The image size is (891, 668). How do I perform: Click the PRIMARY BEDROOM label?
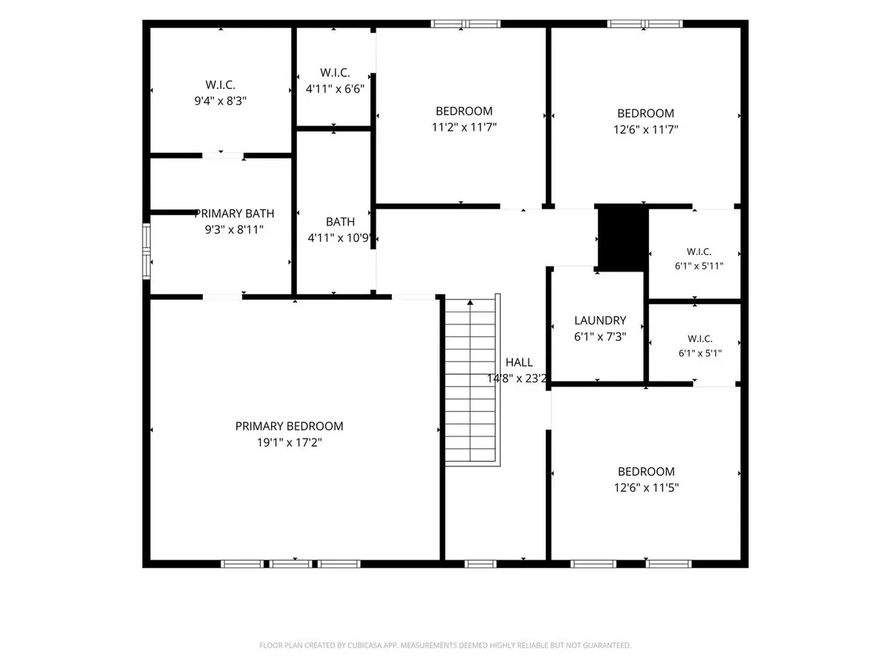tap(289, 426)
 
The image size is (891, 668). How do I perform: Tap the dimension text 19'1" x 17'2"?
tap(289, 442)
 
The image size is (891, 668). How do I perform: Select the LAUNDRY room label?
tap(600, 321)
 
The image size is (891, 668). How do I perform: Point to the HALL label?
tap(519, 362)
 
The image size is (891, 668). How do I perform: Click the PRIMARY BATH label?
tap(234, 213)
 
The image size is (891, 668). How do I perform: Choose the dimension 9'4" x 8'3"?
tap(221, 101)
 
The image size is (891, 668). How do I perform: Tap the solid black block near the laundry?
tap(623, 238)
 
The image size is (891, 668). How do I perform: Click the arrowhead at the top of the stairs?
tap(470, 302)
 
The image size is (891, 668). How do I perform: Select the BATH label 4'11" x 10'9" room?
tap(340, 222)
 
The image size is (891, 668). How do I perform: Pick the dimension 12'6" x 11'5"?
tap(646, 487)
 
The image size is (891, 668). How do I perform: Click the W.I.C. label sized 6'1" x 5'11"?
tap(699, 252)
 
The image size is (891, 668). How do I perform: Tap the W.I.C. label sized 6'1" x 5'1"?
tap(700, 338)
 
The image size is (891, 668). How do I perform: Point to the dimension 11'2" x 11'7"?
tap(464, 128)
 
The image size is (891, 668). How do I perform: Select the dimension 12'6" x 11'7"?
tap(646, 129)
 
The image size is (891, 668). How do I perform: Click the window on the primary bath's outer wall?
tap(146, 252)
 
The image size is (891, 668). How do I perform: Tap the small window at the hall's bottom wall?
tap(480, 564)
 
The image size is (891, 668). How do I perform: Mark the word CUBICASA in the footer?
tap(365, 645)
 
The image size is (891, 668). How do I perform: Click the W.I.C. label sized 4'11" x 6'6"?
tap(335, 73)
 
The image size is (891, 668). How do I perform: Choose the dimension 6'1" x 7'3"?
tap(600, 337)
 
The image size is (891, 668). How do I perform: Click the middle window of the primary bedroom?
tap(290, 564)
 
